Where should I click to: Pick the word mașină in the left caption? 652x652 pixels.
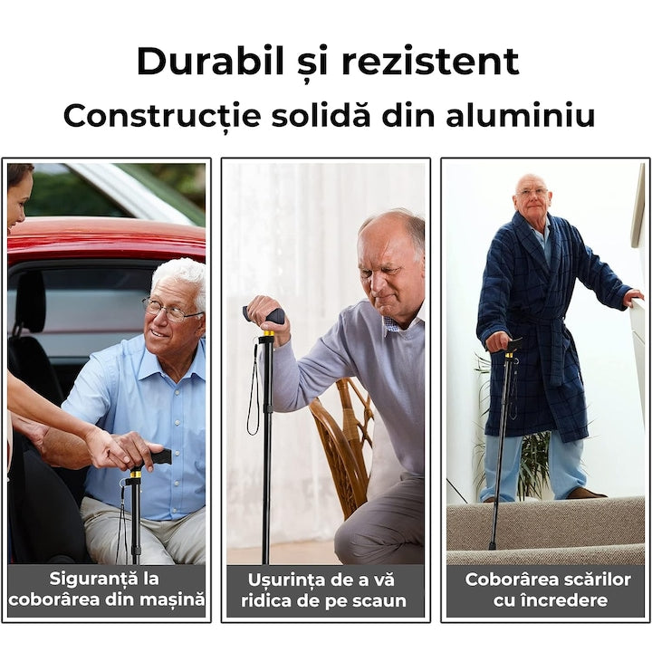pyautogui.click(x=168, y=599)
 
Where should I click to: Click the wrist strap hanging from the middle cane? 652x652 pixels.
pyautogui.click(x=253, y=398)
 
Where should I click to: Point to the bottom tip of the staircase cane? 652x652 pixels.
pyautogui.click(x=492, y=546)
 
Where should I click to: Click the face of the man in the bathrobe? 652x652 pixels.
pyautogui.click(x=532, y=197)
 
